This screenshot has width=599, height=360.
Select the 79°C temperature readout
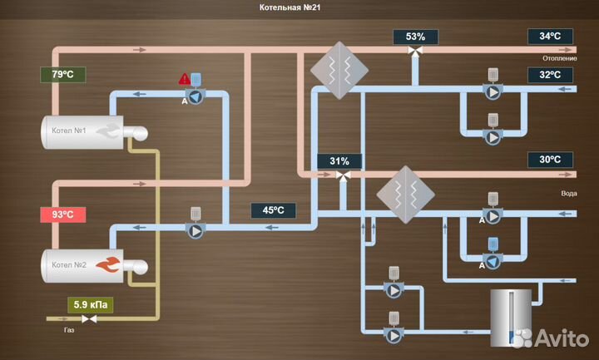63,74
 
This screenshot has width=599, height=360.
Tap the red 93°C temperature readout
63,215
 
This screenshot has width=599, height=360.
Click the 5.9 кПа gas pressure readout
90,304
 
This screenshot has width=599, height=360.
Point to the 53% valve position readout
415,37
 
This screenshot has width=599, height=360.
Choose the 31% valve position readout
339,160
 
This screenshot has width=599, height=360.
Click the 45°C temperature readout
274,210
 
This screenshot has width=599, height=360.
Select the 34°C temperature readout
550,37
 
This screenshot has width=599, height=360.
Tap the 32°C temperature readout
550,74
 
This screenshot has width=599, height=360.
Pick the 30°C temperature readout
550,160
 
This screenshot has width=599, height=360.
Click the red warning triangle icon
184,80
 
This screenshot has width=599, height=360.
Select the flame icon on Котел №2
108,265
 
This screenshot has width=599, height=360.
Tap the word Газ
69,330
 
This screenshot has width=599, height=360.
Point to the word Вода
568,193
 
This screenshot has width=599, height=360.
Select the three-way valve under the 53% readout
414,52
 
